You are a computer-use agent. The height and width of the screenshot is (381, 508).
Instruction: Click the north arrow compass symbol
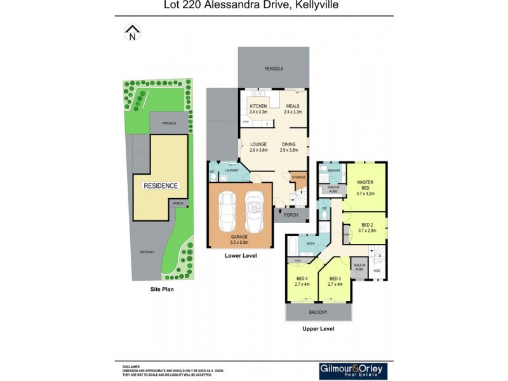[132, 32]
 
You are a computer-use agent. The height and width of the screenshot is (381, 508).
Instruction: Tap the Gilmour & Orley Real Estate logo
[352, 371]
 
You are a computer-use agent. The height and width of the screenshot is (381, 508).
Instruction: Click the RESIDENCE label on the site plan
[160, 186]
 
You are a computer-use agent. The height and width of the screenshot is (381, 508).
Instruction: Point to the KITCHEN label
[258, 106]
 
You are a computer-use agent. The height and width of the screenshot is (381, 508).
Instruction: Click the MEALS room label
[292, 106]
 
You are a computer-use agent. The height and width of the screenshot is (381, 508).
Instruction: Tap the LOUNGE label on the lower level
[258, 145]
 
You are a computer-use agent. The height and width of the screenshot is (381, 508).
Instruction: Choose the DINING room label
[289, 145]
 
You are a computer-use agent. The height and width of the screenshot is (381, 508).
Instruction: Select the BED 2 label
[367, 225]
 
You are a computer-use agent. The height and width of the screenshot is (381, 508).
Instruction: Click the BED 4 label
[302, 279]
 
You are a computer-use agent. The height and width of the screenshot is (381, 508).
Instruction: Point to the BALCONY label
[318, 312]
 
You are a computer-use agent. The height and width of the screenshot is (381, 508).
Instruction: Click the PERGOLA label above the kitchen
[274, 68]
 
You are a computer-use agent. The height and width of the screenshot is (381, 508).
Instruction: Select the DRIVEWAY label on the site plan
[147, 252]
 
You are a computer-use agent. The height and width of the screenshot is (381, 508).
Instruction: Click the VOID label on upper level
[377, 271]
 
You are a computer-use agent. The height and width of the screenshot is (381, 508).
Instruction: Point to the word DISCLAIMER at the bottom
[131, 367]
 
